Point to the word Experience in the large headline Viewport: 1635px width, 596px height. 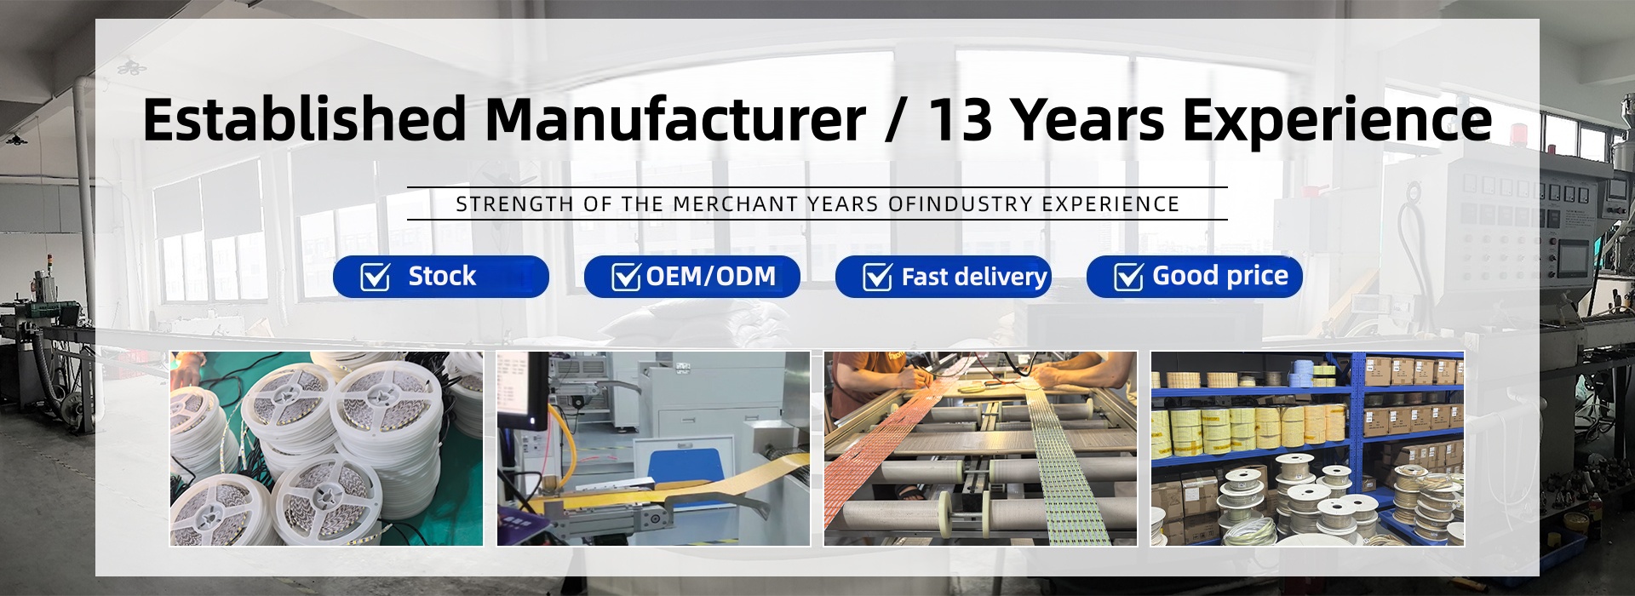(x=1337, y=121)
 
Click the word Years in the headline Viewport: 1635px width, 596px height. (x=1088, y=119)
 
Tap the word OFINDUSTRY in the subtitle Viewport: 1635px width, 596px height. (x=960, y=204)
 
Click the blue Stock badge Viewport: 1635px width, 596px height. (x=441, y=277)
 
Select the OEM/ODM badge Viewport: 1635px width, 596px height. (x=692, y=277)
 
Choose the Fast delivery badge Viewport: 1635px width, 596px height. (x=944, y=277)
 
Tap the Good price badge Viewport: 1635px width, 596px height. (x=1195, y=277)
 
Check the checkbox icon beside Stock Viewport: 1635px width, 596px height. (x=376, y=277)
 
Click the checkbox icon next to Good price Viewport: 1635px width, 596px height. (x=1129, y=277)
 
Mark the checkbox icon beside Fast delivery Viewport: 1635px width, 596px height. (x=878, y=277)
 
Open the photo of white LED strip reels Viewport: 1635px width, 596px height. (x=326, y=449)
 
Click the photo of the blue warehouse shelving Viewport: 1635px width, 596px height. (x=1307, y=449)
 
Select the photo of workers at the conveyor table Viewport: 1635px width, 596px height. (x=980, y=449)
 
